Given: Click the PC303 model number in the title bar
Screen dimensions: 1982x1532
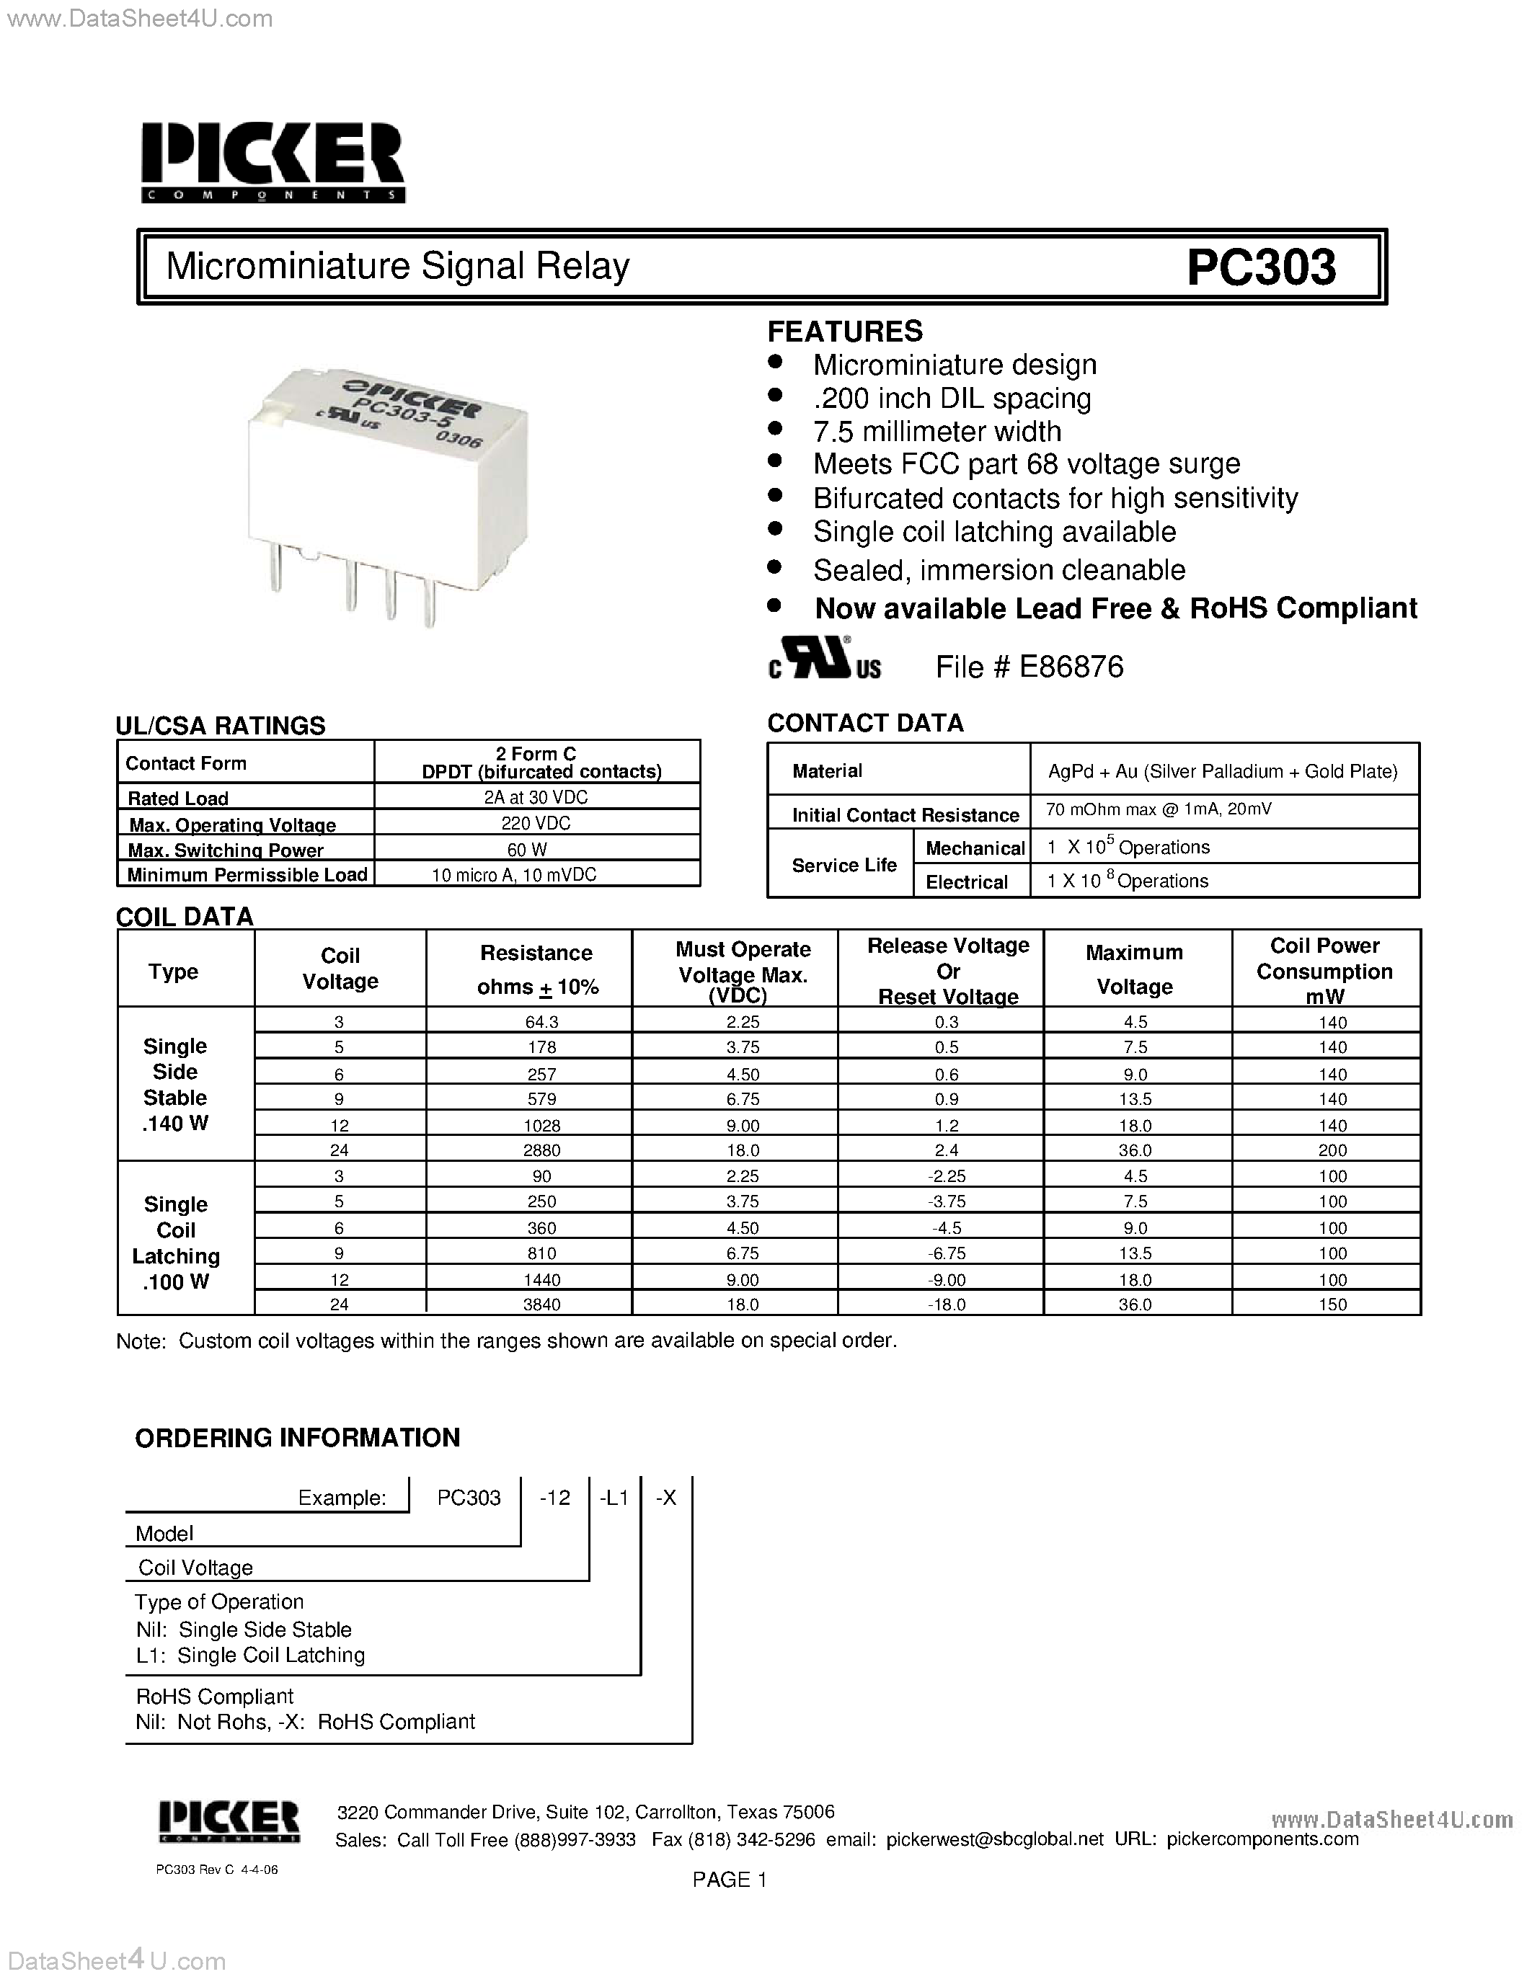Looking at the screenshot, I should coord(1261,267).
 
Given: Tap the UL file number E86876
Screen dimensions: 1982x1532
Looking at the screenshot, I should coord(1071,667).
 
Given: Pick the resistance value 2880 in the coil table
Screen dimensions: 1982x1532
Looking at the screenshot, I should coord(542,1150).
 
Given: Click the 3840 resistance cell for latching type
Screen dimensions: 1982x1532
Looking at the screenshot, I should coord(542,1304).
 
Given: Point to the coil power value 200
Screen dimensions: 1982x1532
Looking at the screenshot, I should coord(1332,1150).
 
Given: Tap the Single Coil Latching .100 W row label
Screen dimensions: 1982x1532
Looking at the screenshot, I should coord(176,1243).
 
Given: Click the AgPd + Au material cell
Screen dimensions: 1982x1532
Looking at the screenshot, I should coord(1223,771).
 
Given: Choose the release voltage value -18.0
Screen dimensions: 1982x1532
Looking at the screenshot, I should coord(947,1304).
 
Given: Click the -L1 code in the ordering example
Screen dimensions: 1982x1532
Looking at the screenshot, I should coord(614,1498).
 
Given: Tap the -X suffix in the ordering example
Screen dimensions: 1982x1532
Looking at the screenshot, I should coord(666,1498).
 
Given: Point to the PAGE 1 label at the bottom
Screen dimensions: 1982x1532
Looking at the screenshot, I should coord(730,1880).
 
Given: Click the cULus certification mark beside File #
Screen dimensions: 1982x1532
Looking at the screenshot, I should coord(824,659).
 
